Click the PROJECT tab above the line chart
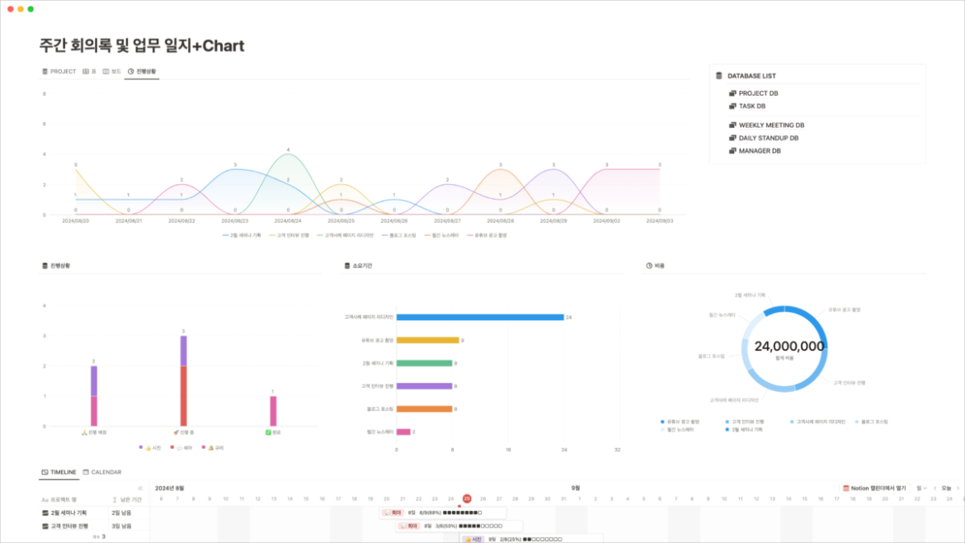point(59,72)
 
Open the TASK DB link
point(751,106)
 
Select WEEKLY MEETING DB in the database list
point(770,125)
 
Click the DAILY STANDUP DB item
point(768,138)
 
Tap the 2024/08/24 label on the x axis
point(288,221)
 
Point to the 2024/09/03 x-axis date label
point(660,221)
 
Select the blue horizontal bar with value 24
point(479,317)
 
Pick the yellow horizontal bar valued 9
point(427,340)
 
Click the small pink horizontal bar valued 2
point(403,432)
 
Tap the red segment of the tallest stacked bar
point(183,396)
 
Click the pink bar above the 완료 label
point(273,410)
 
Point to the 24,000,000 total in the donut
point(788,347)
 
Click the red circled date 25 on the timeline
point(467,498)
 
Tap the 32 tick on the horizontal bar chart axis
point(618,451)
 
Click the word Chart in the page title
point(223,46)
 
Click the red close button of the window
point(10,8)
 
